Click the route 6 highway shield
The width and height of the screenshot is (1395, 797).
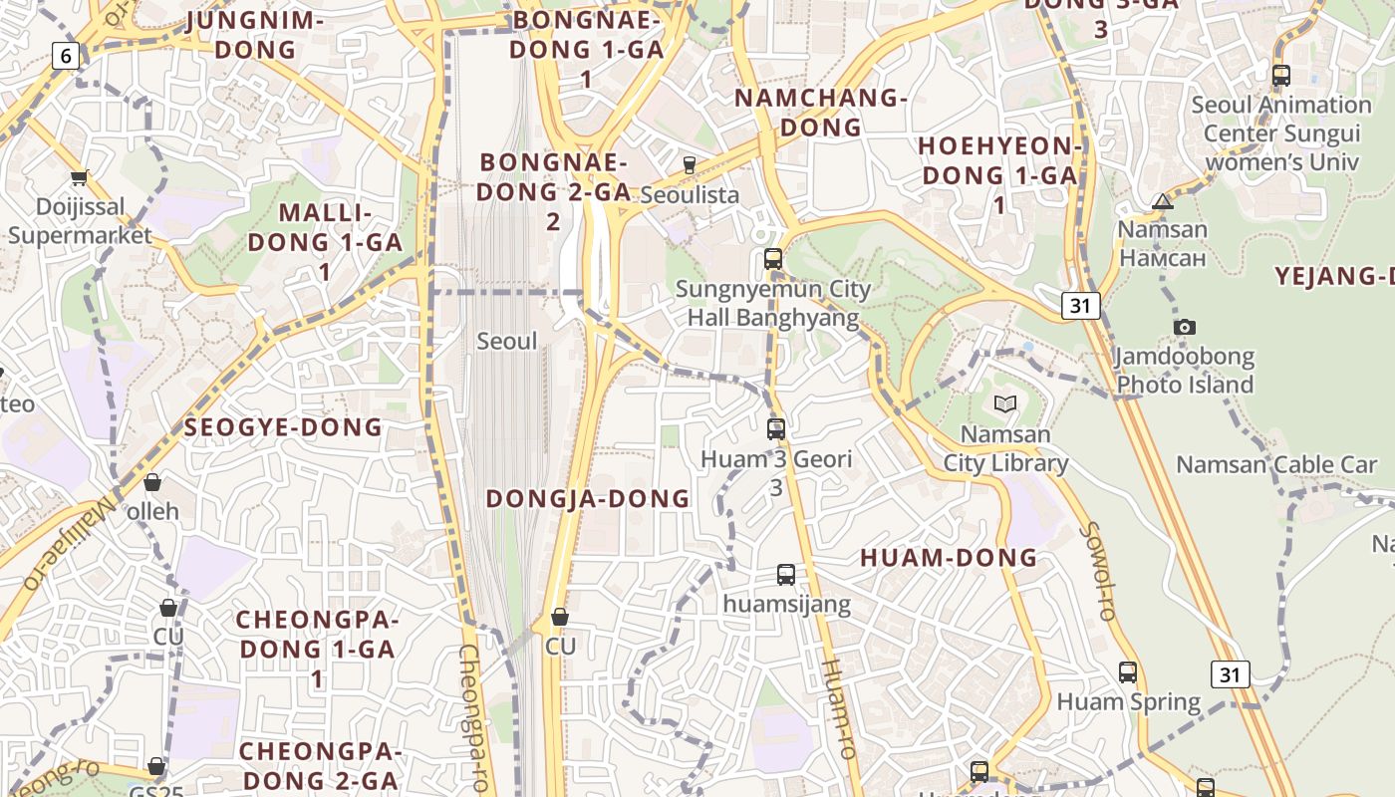pos(66,56)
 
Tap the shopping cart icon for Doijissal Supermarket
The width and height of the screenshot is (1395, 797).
pos(80,178)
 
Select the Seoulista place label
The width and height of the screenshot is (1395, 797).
pos(690,194)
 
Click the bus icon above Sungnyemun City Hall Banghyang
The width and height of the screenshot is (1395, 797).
pos(772,259)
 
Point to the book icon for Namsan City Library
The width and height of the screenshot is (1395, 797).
pos(1005,403)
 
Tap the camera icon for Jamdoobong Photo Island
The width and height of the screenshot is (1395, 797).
pos(1185,327)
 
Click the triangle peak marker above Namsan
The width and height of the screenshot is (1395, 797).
pos(1162,202)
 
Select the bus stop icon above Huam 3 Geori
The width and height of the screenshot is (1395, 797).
pos(776,429)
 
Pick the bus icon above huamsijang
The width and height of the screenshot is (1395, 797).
pos(786,575)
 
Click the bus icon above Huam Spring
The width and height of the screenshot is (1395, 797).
pos(1128,672)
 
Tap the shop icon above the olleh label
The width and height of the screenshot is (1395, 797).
pos(152,483)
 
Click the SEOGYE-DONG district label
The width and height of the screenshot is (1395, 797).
pos(284,427)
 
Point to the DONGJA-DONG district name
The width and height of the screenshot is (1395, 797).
pos(588,498)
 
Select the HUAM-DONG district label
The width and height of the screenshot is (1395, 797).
pos(949,558)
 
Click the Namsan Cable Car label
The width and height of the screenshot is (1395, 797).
pos(1276,464)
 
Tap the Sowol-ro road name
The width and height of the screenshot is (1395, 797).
pos(1099,572)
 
